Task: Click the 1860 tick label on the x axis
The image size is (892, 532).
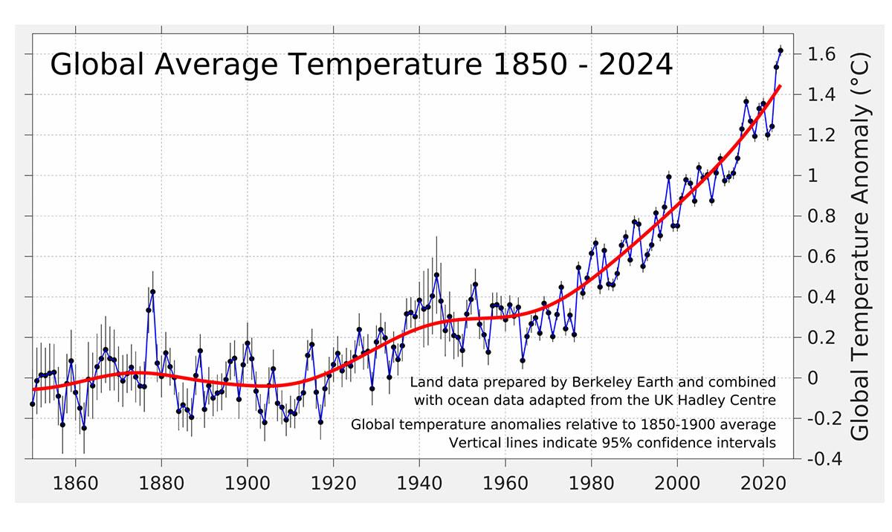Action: pos(75,483)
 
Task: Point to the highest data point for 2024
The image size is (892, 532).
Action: pos(780,51)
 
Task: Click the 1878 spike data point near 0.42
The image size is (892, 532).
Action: pos(152,292)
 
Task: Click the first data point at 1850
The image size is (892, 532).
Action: pos(33,404)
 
